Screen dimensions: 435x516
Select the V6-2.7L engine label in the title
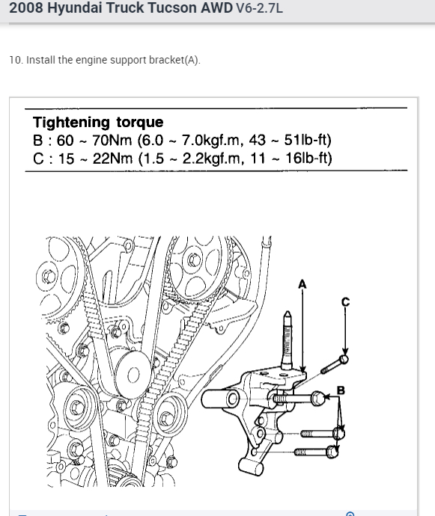[x=259, y=8]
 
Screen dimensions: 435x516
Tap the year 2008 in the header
[x=26, y=7]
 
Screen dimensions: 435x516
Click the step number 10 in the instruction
[x=16, y=61]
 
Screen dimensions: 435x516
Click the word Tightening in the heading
[x=71, y=123]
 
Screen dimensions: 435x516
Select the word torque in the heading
[x=140, y=123]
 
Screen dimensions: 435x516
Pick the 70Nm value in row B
[x=112, y=140]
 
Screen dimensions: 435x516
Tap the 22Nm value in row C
[x=112, y=159]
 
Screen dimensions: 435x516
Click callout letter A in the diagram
[x=302, y=284]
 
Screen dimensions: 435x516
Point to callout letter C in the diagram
[x=345, y=302]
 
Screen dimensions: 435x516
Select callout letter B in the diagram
[x=341, y=390]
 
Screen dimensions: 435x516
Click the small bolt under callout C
[x=334, y=364]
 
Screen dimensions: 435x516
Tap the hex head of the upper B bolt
[x=317, y=398]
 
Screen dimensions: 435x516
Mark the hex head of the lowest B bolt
[x=332, y=452]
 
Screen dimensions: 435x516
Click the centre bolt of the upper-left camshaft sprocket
[x=49, y=277]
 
